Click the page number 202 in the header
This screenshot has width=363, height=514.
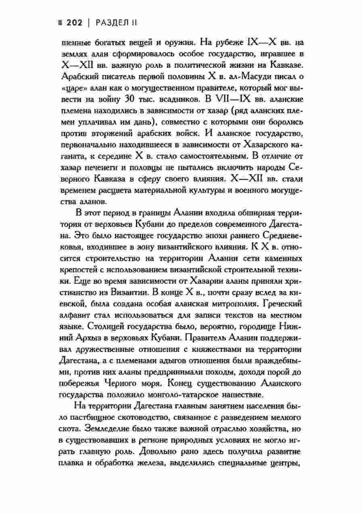point(74,23)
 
